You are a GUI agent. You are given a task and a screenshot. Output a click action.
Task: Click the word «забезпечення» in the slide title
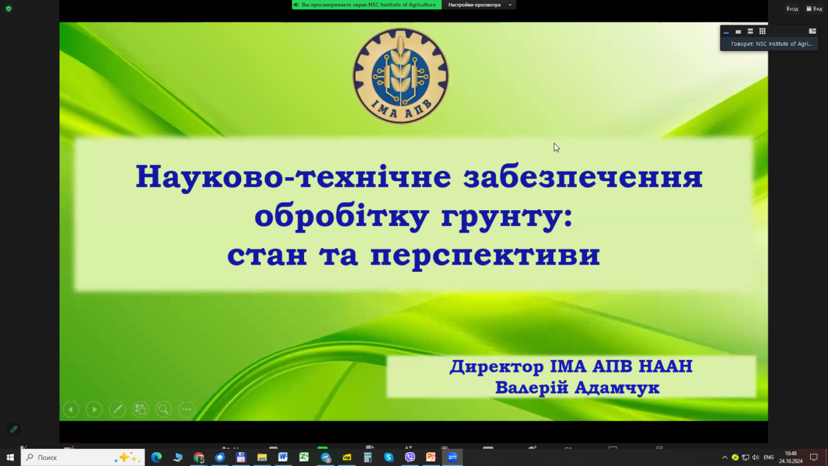(583, 177)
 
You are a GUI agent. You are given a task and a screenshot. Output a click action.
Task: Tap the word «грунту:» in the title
(507, 217)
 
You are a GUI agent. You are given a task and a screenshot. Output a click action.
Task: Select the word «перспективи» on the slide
(485, 255)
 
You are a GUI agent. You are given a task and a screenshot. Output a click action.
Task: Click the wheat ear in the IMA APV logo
(401, 66)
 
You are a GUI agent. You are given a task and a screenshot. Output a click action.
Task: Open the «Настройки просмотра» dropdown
(479, 5)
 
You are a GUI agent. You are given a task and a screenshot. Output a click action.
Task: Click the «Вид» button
(814, 9)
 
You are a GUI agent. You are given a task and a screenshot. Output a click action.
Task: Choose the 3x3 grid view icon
(762, 31)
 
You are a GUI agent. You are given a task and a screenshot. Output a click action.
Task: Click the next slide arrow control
(94, 410)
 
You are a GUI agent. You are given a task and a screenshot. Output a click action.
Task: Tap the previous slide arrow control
(71, 410)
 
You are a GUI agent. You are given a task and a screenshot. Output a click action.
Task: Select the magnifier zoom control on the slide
(164, 410)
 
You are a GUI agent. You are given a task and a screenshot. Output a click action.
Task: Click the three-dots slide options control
(187, 410)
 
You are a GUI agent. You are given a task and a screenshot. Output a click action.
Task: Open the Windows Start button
(10, 457)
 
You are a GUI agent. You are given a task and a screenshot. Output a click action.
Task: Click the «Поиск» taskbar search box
(83, 457)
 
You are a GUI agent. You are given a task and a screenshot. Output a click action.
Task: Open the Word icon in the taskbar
(283, 457)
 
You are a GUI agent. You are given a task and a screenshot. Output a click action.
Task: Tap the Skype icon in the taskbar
(388, 457)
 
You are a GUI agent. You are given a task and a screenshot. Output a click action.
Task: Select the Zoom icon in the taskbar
(452, 457)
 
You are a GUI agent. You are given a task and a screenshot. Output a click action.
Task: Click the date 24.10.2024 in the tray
(791, 461)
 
